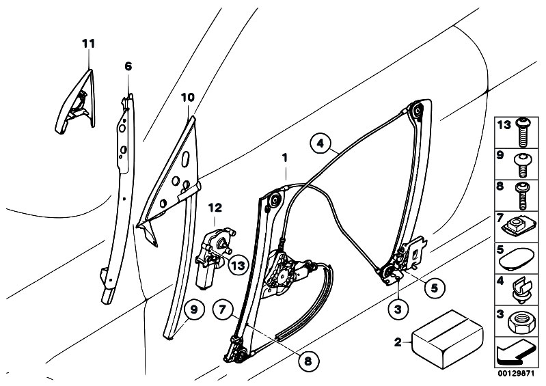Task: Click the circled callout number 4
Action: click(x=320, y=143)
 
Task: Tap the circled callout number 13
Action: click(x=238, y=266)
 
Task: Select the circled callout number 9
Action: click(x=194, y=309)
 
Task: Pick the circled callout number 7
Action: click(x=223, y=309)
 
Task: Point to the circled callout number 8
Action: click(x=308, y=361)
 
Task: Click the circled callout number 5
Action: click(x=434, y=288)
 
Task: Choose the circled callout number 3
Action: click(x=398, y=309)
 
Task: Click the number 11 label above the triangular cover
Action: click(x=88, y=44)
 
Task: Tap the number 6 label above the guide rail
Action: click(x=128, y=66)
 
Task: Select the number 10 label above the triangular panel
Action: click(x=188, y=98)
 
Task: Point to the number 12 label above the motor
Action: click(x=215, y=208)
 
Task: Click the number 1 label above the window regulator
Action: click(x=285, y=158)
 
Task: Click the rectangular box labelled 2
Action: click(x=448, y=340)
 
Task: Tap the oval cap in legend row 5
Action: click(x=517, y=258)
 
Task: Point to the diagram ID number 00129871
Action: click(x=516, y=374)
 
